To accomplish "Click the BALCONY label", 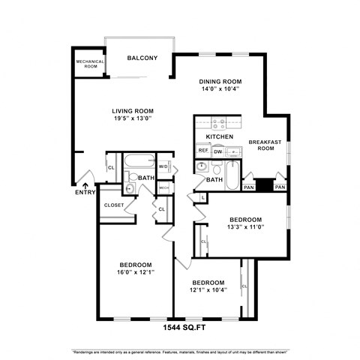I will pyautogui.click(x=142, y=58).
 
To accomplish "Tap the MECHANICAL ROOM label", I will pyautogui.click(x=88, y=64).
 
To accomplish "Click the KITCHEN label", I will pyautogui.click(x=220, y=137).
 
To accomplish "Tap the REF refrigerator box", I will pyautogui.click(x=202, y=151).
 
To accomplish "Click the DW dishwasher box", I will pyautogui.click(x=217, y=151).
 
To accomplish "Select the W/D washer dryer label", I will pyautogui.click(x=163, y=166).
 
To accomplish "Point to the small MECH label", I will pyautogui.click(x=163, y=187).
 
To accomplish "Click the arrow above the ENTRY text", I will pyautogui.click(x=85, y=184).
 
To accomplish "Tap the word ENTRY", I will pyautogui.click(x=85, y=193).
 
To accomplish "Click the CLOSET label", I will pyautogui.click(x=114, y=205).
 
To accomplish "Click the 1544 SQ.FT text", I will pyautogui.click(x=180, y=328).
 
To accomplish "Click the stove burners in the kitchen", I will pyautogui.click(x=220, y=124).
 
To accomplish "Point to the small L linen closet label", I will pyautogui.click(x=203, y=196).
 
